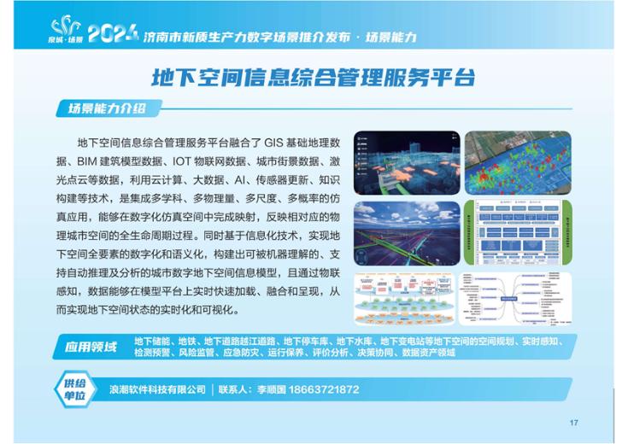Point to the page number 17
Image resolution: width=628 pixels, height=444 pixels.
pos(573,423)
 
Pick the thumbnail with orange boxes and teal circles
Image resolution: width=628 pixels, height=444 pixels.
pos(405,299)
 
